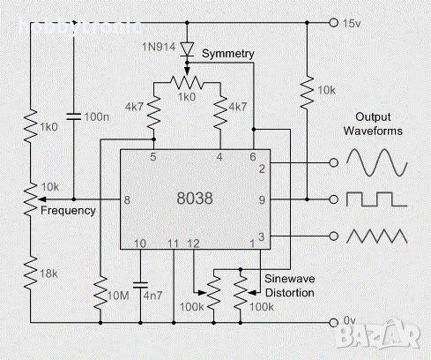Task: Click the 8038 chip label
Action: click(x=195, y=200)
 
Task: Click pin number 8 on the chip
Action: click(x=128, y=200)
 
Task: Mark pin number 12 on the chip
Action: click(x=195, y=244)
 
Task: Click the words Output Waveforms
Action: click(x=379, y=124)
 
